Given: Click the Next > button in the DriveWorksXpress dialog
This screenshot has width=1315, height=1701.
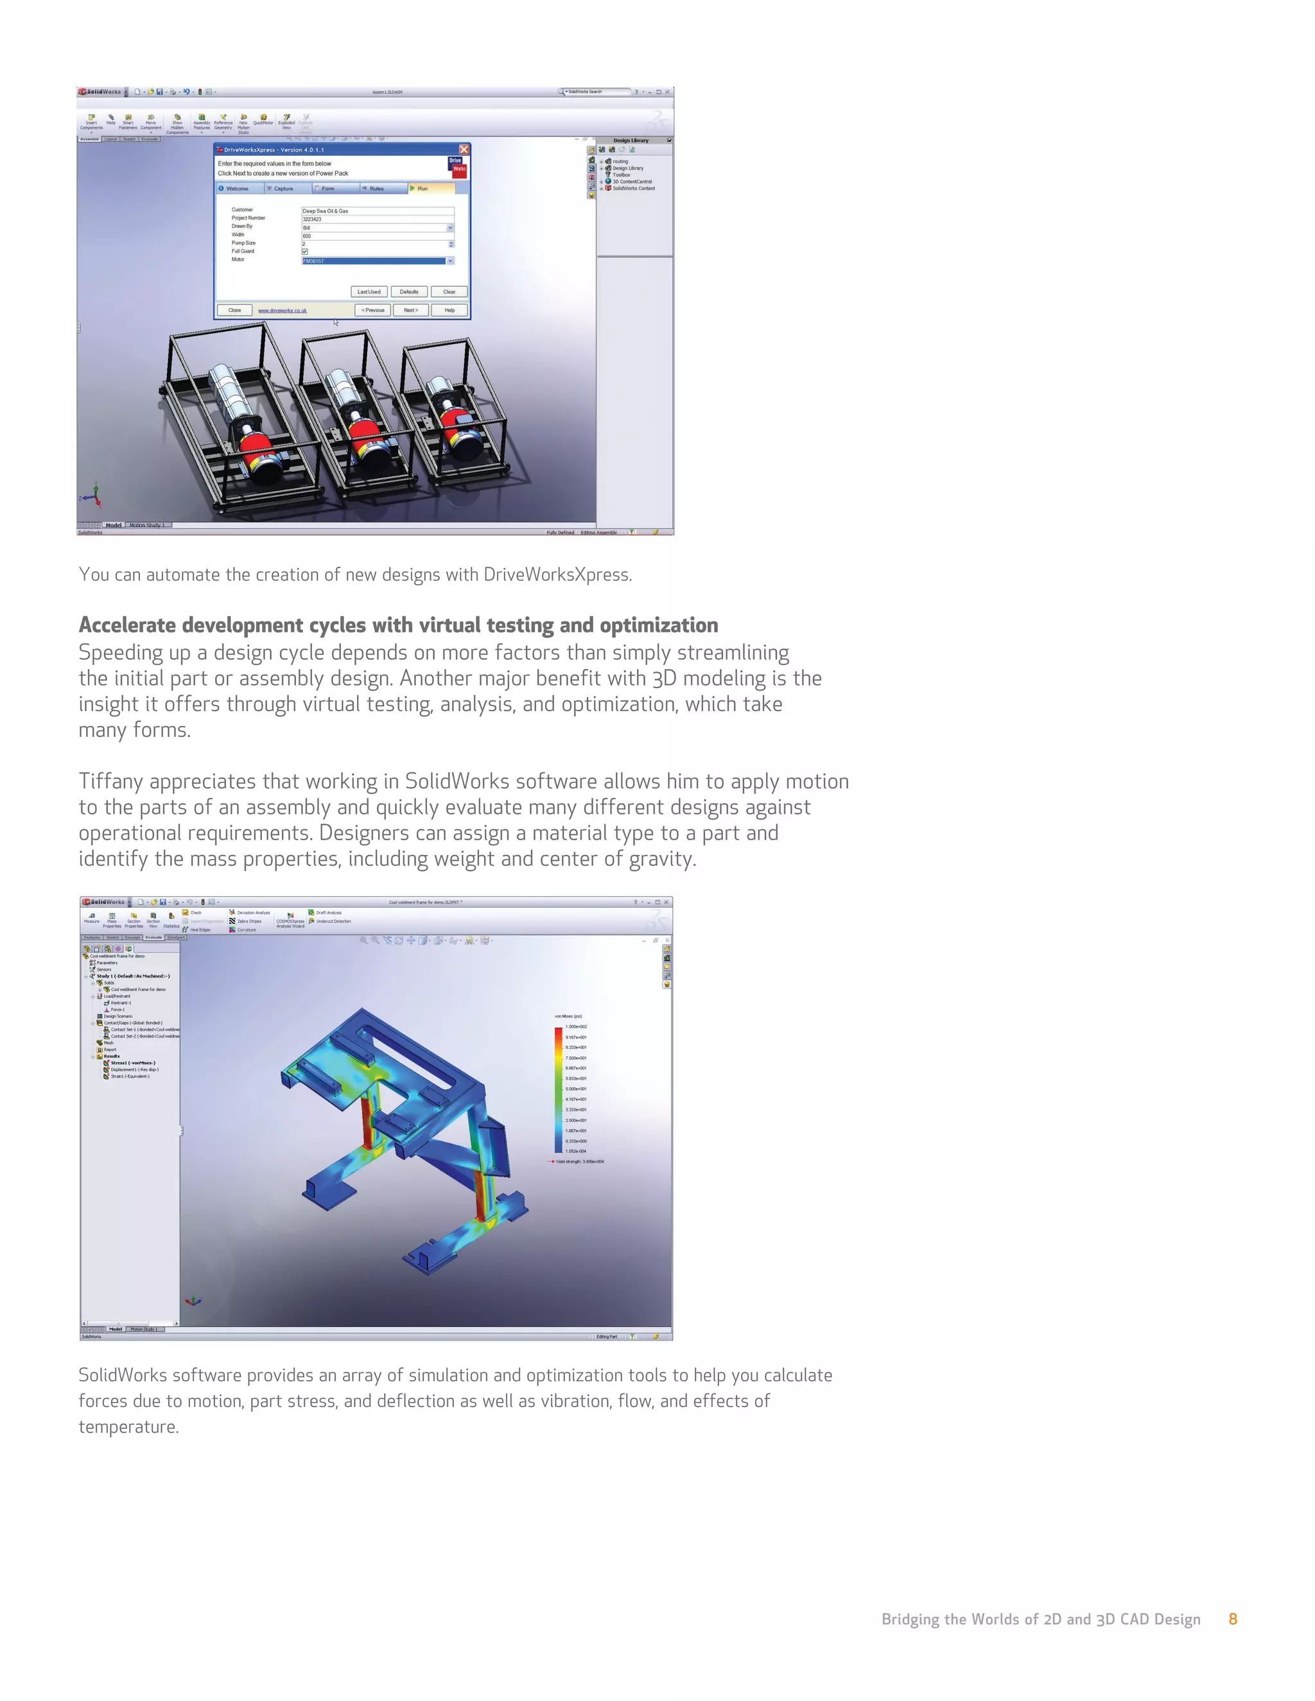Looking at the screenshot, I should [410, 310].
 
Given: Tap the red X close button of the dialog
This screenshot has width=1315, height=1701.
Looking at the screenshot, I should [464, 150].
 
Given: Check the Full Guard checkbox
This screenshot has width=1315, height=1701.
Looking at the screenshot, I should [304, 252].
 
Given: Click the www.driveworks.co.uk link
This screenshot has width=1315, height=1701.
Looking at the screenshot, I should [282, 310].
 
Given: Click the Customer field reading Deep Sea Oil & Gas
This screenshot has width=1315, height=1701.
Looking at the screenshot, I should [377, 211].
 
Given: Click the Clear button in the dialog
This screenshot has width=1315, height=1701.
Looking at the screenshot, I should [449, 292].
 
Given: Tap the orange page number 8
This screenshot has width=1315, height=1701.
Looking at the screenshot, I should [1232, 1619].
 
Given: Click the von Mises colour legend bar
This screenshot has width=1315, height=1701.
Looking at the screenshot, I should [559, 1090].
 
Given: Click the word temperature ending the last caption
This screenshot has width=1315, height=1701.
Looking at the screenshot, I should [128, 1427].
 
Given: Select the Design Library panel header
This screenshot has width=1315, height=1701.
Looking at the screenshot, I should [631, 141].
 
